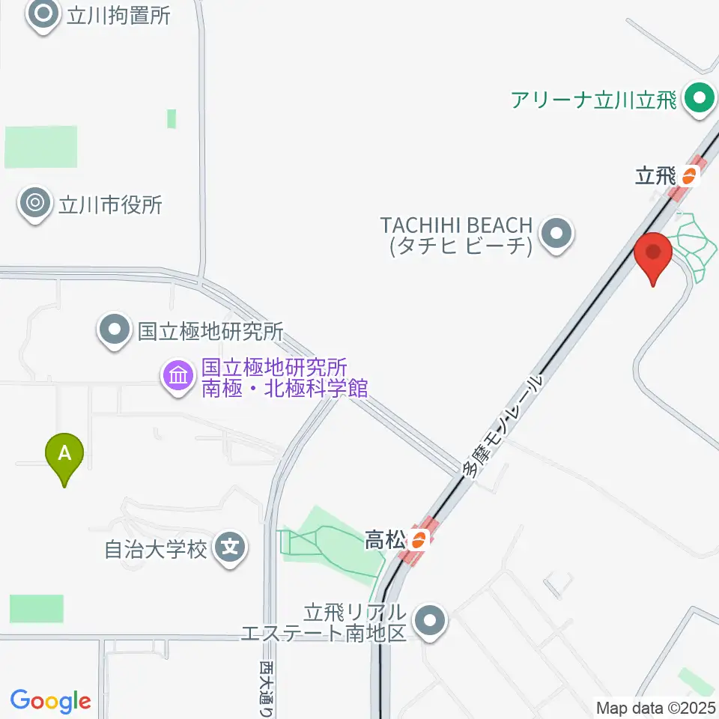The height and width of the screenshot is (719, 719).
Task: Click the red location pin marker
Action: point(653,257)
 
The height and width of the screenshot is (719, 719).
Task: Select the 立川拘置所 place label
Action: point(118,16)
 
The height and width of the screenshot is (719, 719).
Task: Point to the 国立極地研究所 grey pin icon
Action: point(114,330)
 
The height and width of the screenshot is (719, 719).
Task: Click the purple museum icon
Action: point(178,375)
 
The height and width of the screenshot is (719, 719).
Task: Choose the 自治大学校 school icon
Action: point(230,549)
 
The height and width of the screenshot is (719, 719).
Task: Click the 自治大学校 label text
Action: point(155,550)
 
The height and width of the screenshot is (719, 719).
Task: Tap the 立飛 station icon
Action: point(688,177)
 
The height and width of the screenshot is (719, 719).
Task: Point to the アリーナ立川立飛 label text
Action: point(594,99)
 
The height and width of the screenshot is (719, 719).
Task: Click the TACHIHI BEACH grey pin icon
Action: point(555,234)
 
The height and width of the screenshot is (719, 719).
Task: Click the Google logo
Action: point(50,701)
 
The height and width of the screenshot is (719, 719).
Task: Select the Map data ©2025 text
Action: point(656,707)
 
